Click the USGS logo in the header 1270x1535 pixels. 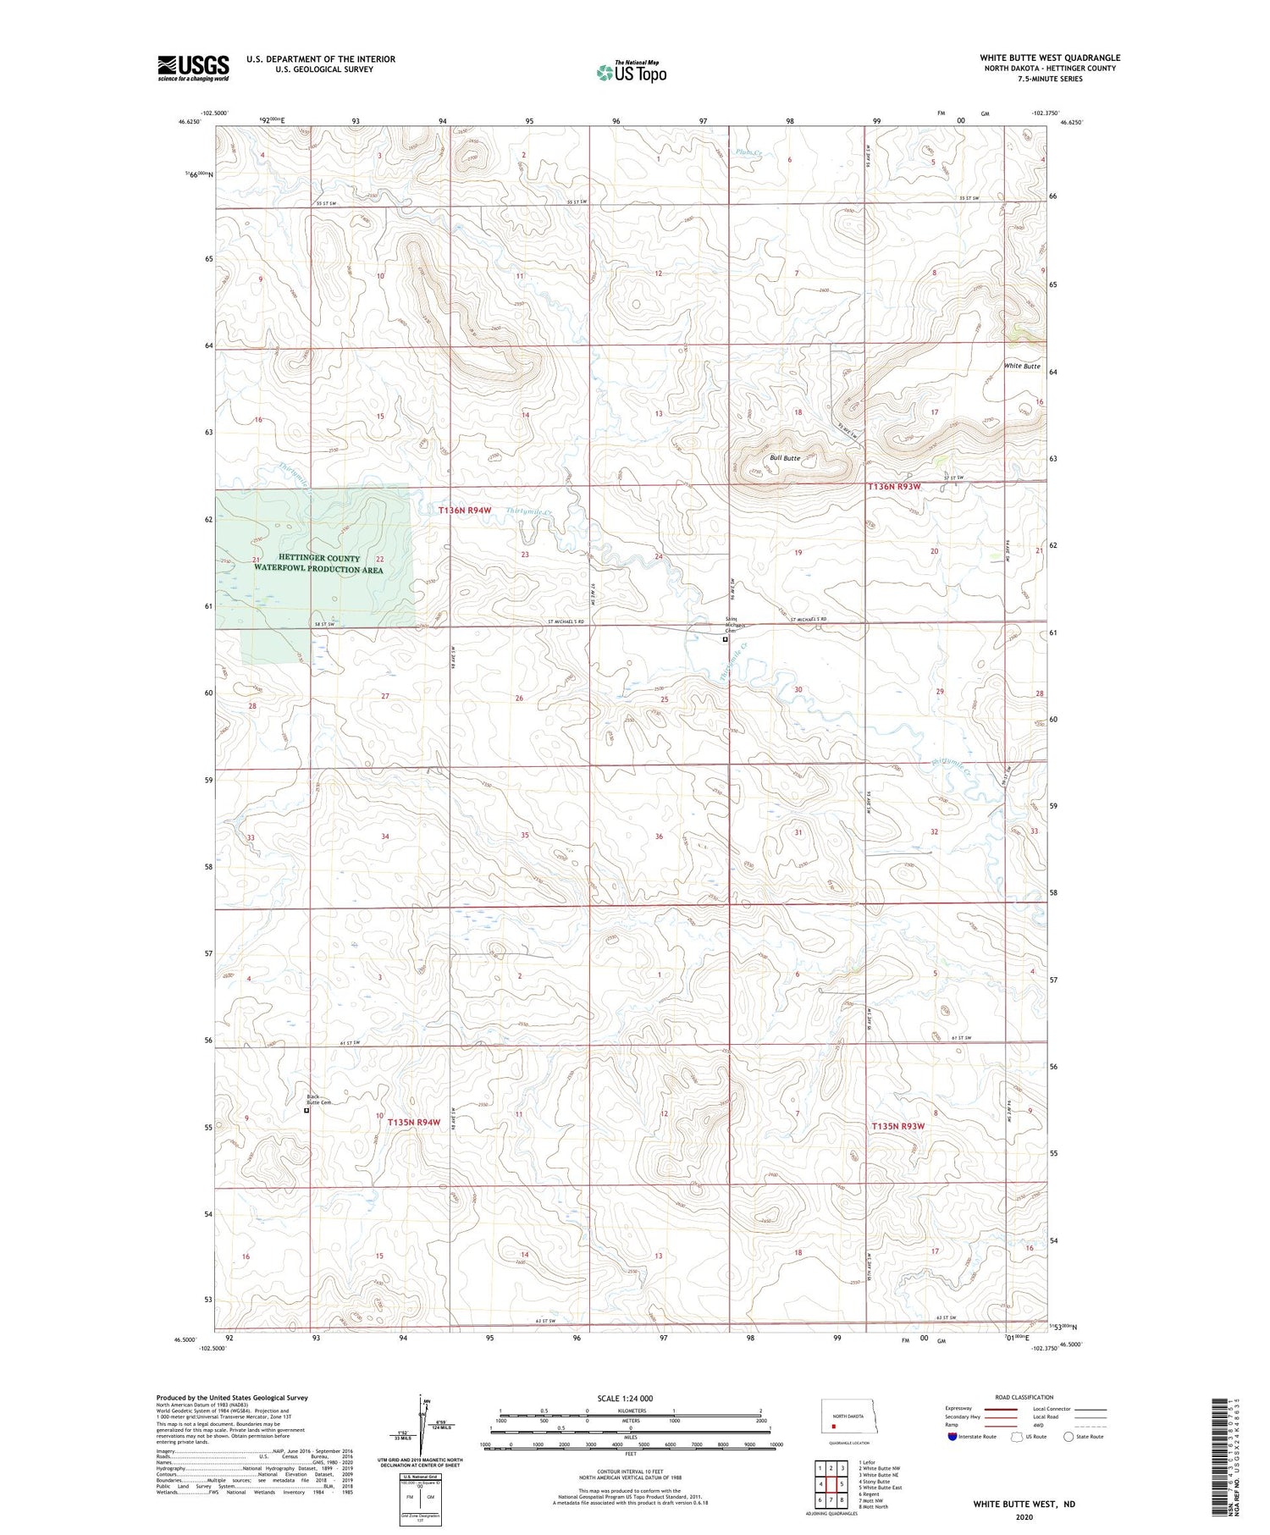coord(193,68)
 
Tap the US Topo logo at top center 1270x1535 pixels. coord(631,72)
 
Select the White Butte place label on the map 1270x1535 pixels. coord(1022,367)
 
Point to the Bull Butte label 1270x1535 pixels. coord(785,458)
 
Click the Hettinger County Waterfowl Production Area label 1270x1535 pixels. coord(319,564)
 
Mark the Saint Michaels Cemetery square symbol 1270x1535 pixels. coord(725,640)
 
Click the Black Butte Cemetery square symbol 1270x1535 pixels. coord(306,1111)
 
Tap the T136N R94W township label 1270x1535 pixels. coord(465,511)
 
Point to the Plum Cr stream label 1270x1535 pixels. coord(749,153)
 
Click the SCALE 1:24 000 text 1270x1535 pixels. coord(630,1398)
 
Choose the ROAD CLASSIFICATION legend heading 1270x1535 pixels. coord(1024,1397)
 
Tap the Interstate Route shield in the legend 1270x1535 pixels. coord(952,1436)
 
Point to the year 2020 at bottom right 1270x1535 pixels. coord(1023,1516)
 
